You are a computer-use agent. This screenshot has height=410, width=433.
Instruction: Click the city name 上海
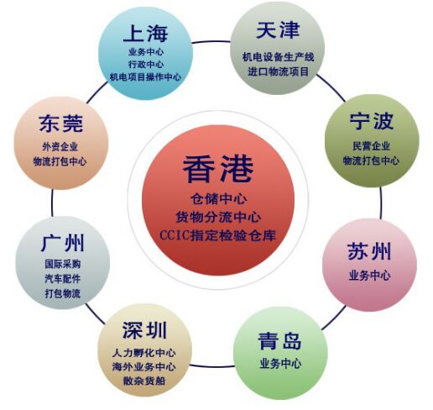click(x=145, y=34)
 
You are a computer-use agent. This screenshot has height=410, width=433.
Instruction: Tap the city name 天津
click(x=278, y=30)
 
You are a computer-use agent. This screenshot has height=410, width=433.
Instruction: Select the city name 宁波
click(x=372, y=121)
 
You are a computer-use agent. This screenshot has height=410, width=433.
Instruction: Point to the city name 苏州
click(x=369, y=251)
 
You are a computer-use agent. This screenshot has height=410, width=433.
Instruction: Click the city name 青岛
click(x=279, y=341)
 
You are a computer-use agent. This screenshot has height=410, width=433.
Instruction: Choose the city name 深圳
click(x=144, y=330)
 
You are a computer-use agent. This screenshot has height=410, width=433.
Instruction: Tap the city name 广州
click(x=63, y=244)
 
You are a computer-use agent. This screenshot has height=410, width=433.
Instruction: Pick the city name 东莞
click(x=61, y=124)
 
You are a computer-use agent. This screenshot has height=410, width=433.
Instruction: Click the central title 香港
click(x=218, y=169)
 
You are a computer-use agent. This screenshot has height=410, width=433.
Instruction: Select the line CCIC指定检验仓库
click(x=218, y=235)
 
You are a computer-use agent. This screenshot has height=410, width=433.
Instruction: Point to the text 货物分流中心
click(x=218, y=217)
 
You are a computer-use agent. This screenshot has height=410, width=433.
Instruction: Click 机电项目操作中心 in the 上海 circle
click(x=145, y=76)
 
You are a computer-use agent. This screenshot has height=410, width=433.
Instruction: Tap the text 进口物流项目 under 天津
click(x=279, y=71)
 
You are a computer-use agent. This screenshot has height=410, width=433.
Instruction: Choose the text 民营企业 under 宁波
click(x=372, y=146)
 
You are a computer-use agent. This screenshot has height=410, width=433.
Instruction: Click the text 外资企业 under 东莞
click(x=60, y=146)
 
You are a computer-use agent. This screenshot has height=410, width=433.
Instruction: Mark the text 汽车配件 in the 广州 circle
click(x=63, y=279)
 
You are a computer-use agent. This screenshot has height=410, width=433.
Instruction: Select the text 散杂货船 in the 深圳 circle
click(x=144, y=381)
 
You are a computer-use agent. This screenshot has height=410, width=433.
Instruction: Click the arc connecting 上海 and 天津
click(x=211, y=42)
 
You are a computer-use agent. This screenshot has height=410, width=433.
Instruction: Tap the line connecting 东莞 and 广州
click(x=52, y=203)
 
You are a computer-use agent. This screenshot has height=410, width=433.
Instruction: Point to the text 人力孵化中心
click(x=144, y=353)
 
